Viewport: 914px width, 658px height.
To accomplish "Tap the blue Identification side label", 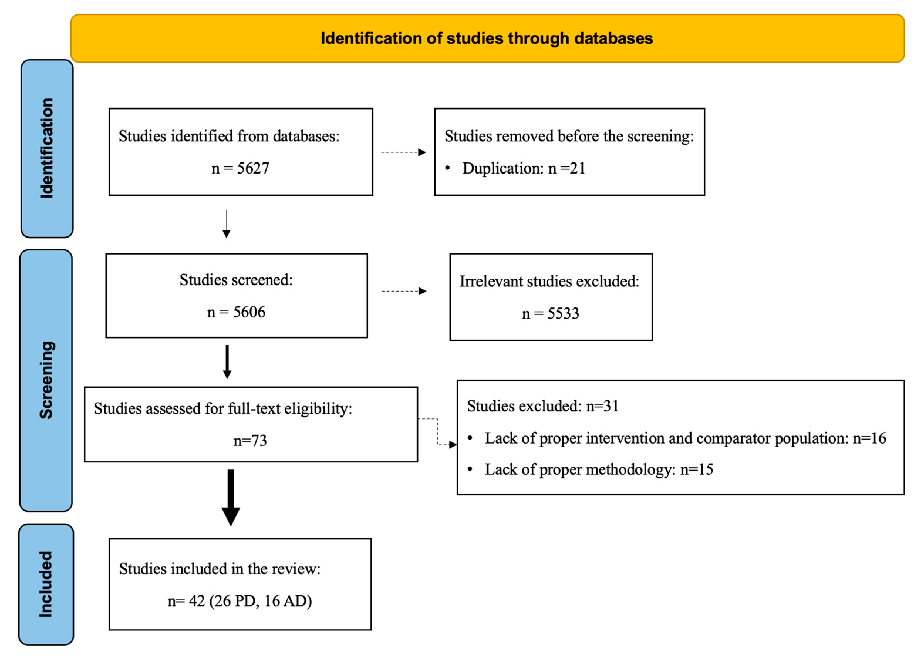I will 47,148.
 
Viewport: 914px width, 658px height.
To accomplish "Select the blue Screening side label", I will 46,380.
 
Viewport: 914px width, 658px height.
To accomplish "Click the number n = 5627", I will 240,168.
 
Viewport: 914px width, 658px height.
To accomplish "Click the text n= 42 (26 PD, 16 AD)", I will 240,601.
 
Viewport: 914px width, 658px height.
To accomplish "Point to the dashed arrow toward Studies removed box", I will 403,152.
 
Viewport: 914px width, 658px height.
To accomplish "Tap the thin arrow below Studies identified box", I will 227,224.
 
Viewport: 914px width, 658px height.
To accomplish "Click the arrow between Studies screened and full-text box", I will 227,362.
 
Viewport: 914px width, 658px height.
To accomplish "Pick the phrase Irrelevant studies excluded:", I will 549,281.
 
